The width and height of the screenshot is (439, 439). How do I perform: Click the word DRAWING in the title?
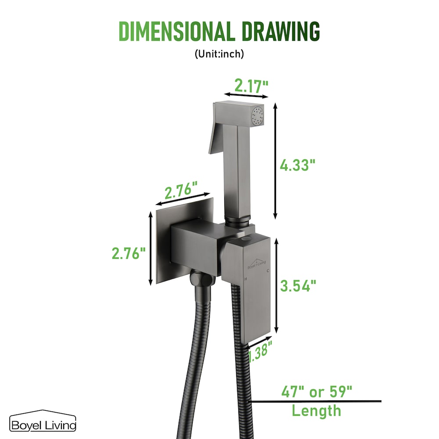pos(281,31)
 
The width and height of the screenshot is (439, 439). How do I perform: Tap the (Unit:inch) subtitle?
pos(219,54)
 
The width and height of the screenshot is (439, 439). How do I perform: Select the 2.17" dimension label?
pos(251,86)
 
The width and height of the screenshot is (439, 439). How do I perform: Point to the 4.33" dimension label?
pos(298,165)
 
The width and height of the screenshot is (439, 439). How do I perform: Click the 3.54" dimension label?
pos(298,286)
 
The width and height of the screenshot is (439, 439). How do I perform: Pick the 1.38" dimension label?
pos(260,351)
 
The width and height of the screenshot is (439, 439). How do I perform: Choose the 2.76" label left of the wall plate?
pos(129,253)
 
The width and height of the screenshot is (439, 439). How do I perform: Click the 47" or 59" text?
pos(317,392)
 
